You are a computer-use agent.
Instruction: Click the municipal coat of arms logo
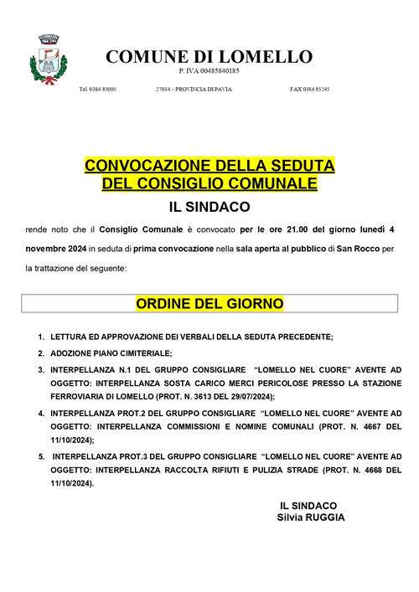click(x=49, y=60)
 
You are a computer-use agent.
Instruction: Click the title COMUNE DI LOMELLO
click(x=209, y=56)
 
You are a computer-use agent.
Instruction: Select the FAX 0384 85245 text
click(x=309, y=88)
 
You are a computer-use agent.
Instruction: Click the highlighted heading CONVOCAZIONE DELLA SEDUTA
click(x=209, y=164)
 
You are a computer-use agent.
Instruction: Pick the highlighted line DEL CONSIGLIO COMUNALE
click(x=209, y=182)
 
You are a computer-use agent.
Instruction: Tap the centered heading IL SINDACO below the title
click(x=209, y=206)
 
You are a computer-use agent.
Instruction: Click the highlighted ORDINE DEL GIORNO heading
click(x=209, y=302)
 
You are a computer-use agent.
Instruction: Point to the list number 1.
click(x=41, y=337)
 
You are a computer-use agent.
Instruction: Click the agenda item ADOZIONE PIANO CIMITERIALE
click(x=111, y=353)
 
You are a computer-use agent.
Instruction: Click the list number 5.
click(x=41, y=456)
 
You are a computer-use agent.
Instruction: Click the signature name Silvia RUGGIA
click(x=311, y=517)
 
